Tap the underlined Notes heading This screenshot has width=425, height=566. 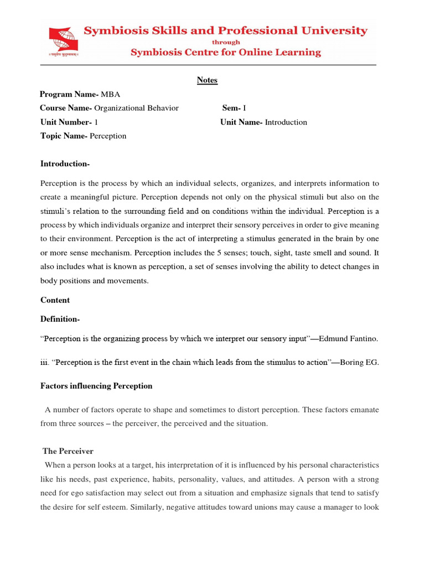[207, 80]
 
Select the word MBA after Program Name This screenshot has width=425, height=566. [111, 95]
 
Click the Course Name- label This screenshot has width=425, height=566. [66, 108]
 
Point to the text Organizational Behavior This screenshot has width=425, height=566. [137, 108]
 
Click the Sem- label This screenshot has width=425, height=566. [232, 108]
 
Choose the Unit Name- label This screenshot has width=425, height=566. [241, 122]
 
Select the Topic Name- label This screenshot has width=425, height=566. [64, 136]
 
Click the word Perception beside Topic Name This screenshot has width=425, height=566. [108, 136]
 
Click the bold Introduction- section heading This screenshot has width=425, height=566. [65, 164]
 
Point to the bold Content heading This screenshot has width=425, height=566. [55, 300]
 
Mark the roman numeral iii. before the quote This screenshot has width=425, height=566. [45, 363]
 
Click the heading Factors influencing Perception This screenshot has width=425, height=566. [96, 386]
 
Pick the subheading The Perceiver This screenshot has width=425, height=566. [68, 452]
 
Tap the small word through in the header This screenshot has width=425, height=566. [225, 42]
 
